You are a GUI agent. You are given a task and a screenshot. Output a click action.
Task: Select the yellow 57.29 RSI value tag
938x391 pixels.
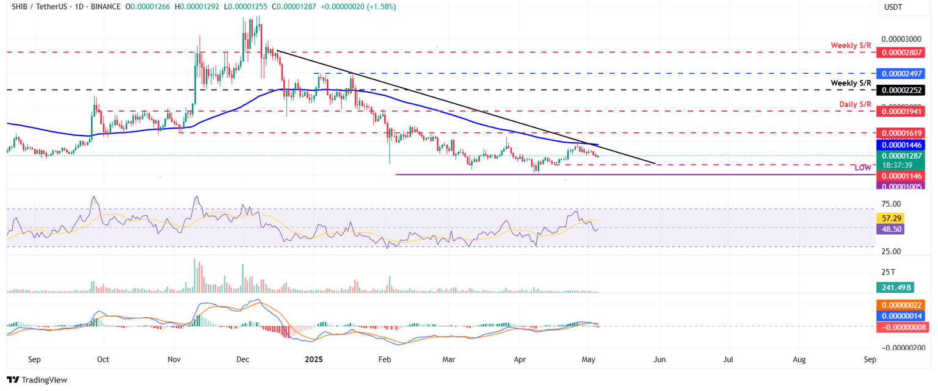coord(889,218)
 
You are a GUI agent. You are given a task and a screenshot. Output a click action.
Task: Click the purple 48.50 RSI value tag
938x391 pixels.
coord(889,229)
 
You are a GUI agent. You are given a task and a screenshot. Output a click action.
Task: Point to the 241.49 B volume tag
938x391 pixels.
coord(893,288)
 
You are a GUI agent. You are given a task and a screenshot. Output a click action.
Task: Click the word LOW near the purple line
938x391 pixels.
coord(862,168)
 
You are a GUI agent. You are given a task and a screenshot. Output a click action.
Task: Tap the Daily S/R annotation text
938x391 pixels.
coord(854,104)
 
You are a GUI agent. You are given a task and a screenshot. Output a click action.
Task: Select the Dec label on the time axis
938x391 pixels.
coord(242,360)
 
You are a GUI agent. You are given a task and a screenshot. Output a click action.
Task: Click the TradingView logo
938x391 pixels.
coord(37,380)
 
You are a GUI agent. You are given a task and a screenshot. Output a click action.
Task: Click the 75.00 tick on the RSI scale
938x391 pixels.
coord(892,204)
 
